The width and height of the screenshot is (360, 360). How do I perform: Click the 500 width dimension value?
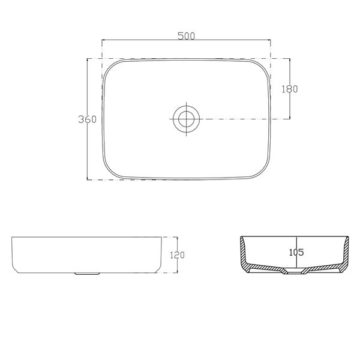pyautogui.click(x=186, y=35)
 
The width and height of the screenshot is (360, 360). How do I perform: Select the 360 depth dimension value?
pyautogui.click(x=87, y=119)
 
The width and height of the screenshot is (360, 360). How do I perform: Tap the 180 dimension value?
pyautogui.click(x=290, y=89)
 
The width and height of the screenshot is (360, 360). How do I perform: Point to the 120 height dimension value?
pyautogui.click(x=177, y=255)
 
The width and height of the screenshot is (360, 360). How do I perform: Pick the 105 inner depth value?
pyautogui.click(x=297, y=252)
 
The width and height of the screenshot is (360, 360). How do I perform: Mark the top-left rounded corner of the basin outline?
pyautogui.click(x=112, y=67)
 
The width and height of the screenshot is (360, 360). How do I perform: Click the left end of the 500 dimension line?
pyautogui.click(x=103, y=40)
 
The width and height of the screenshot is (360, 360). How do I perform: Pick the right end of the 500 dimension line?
pyautogui.click(x=270, y=40)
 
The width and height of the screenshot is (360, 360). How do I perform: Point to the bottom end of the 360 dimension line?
pyautogui.click(x=88, y=179)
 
